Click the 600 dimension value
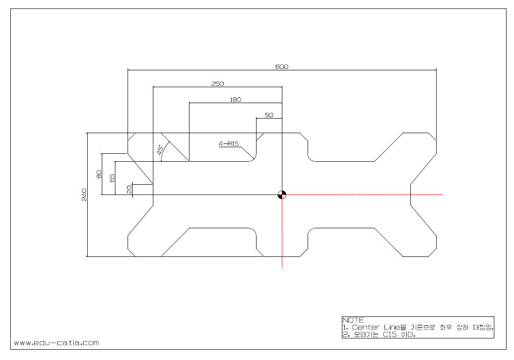point(281,67)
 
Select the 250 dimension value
point(218,83)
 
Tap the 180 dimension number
point(235,99)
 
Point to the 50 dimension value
point(269,114)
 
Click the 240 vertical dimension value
point(83,195)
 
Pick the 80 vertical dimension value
point(99,174)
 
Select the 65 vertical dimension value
point(112,178)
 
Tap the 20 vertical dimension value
point(129,189)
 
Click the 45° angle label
point(160,150)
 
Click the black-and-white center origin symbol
point(281,195)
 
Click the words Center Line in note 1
point(375,327)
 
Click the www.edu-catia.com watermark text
point(57,343)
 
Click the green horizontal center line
point(366,194)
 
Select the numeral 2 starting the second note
point(344,335)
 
